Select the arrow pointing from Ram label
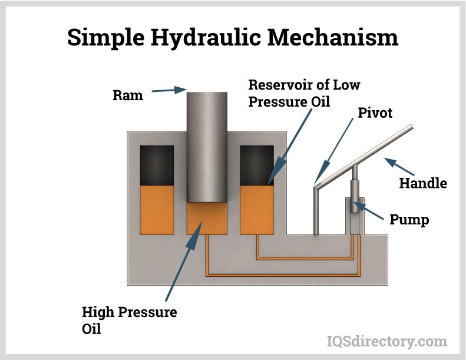(171, 90)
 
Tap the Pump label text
(409, 220)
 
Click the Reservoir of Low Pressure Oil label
(303, 93)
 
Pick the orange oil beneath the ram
(207, 218)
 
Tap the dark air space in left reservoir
(157, 165)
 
